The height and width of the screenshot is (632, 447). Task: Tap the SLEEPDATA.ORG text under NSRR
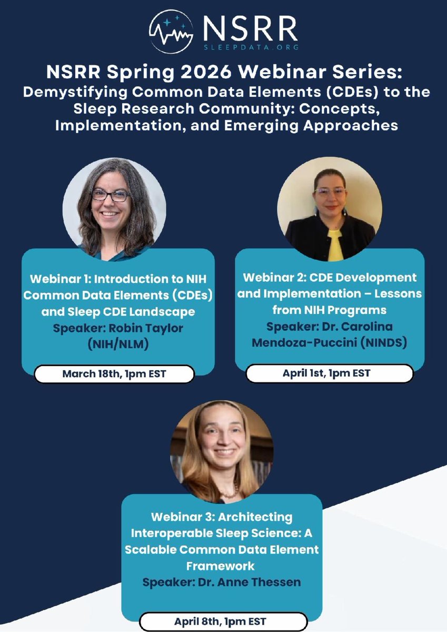(253, 46)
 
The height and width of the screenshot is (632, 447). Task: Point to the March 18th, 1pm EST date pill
(114, 374)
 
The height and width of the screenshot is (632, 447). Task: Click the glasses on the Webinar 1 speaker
(111, 195)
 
